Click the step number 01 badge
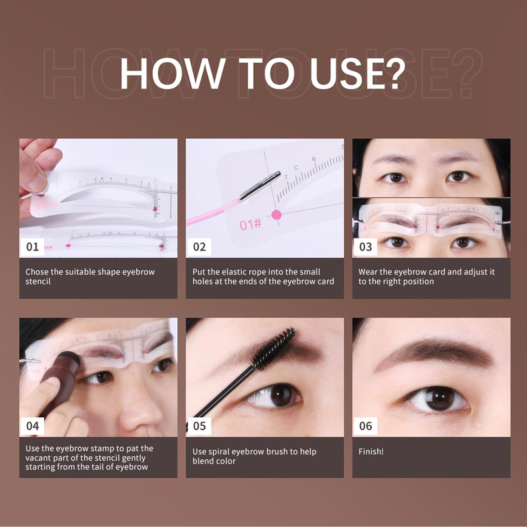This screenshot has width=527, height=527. pyautogui.click(x=32, y=247)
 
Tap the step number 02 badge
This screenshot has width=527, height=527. pyautogui.click(x=199, y=247)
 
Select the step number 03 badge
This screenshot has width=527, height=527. pyautogui.click(x=365, y=247)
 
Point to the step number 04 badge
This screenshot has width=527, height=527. pyautogui.click(x=32, y=426)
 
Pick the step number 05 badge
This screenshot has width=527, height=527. pyautogui.click(x=199, y=426)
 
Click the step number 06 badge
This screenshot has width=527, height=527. pyautogui.click(x=365, y=426)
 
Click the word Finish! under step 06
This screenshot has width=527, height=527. pyautogui.click(x=371, y=451)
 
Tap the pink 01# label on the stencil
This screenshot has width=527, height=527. pyautogui.click(x=251, y=224)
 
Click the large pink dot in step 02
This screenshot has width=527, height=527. pyautogui.click(x=276, y=215)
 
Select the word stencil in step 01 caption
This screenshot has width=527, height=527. pyautogui.click(x=38, y=281)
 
